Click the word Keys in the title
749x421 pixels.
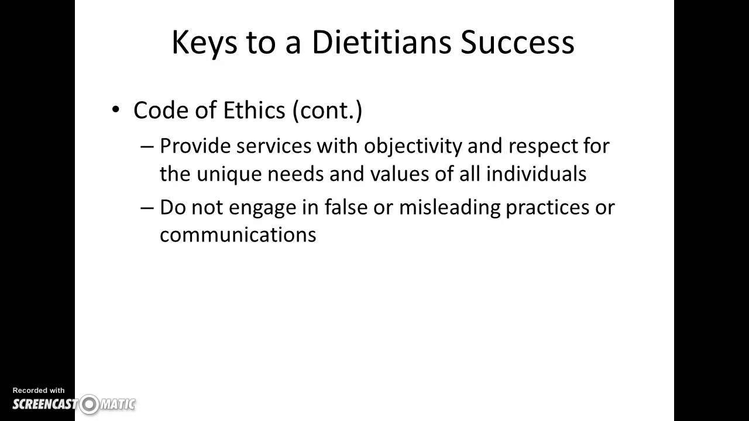[x=204, y=42]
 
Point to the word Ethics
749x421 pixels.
[x=255, y=110]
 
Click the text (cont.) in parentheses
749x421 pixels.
[x=328, y=110]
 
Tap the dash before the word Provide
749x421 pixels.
[x=147, y=146]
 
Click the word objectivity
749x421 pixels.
[x=413, y=146]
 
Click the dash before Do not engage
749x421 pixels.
[x=147, y=207]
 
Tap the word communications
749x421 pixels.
[x=238, y=234]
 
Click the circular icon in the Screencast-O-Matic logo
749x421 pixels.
[x=90, y=404]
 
